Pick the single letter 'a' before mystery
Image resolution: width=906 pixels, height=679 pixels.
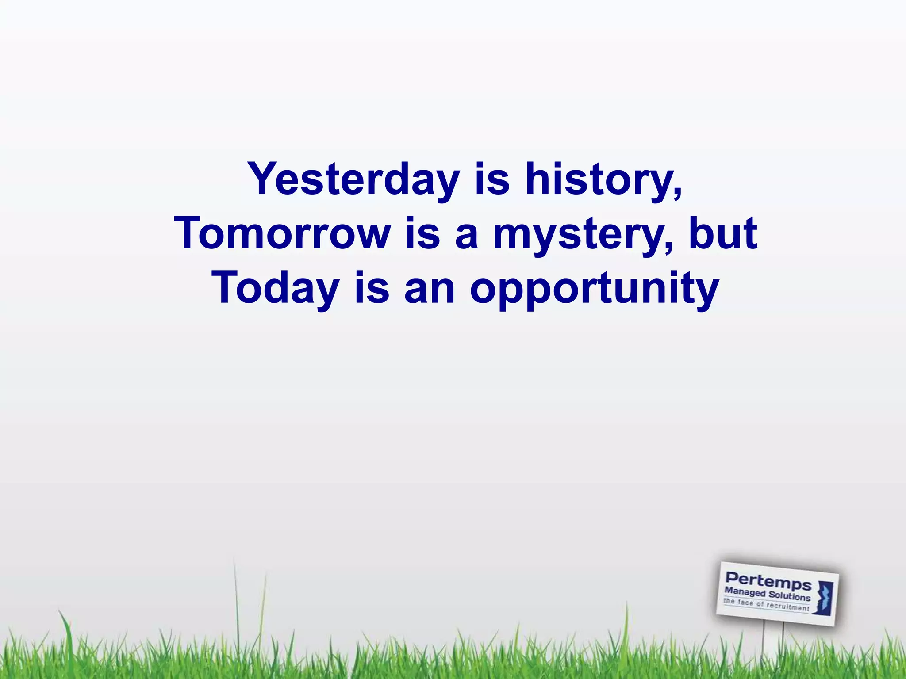pos(466,234)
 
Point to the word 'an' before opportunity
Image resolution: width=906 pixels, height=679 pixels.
pos(429,289)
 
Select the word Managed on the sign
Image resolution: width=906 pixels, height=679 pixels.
pos(745,592)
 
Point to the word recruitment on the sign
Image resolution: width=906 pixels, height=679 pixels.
pos(787,606)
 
